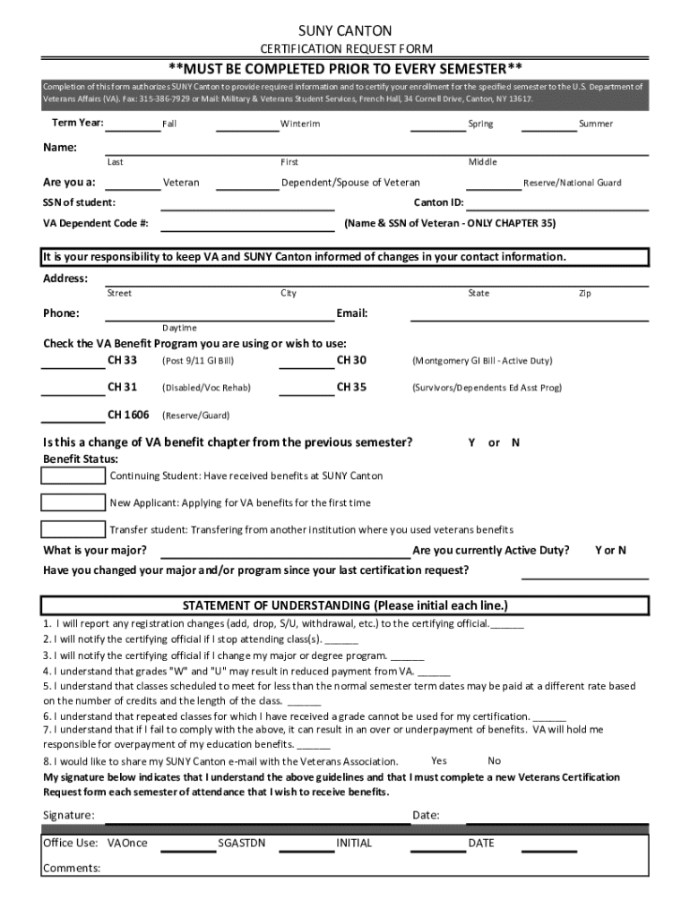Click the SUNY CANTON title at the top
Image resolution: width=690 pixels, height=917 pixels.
coord(345,31)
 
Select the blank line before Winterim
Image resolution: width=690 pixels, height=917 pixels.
coord(247,129)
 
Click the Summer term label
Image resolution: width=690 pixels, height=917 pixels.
coord(596,124)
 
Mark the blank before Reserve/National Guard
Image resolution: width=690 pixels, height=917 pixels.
coord(494,188)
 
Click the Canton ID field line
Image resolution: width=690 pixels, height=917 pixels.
coord(558,208)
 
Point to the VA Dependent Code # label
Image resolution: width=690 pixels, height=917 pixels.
coord(96,223)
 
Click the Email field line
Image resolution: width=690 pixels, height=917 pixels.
coord(529,319)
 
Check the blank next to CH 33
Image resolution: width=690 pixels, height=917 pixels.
coord(73,366)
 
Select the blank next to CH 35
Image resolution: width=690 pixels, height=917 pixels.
coord(306,393)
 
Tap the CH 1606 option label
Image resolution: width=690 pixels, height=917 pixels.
coord(128,415)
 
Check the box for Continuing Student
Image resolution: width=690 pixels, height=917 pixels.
coord(73,476)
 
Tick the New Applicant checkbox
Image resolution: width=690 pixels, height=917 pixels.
coord(73,502)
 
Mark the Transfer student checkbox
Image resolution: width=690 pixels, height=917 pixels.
coord(73,528)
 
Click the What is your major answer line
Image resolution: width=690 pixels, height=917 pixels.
coord(280,555)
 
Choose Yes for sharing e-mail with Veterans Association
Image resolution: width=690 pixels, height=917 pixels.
coord(439,760)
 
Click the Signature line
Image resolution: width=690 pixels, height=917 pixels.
coord(255,819)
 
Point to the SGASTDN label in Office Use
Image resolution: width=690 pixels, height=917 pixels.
coord(242,843)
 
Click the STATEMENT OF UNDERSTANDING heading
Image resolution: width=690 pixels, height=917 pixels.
coord(345,604)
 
